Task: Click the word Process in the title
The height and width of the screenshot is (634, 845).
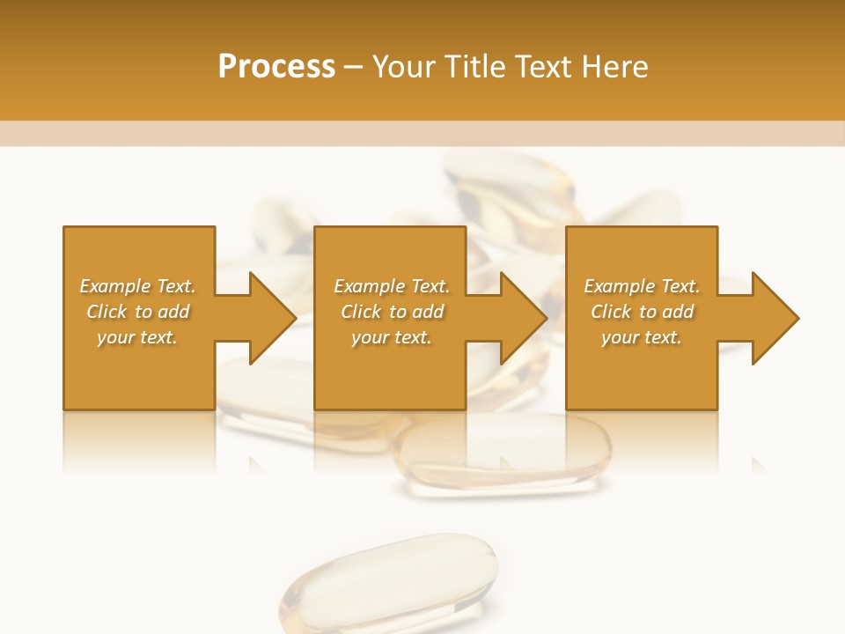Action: pyautogui.click(x=276, y=67)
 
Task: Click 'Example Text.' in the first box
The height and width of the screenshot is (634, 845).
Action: pyautogui.click(x=137, y=286)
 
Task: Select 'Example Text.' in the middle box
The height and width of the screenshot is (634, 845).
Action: pyautogui.click(x=392, y=286)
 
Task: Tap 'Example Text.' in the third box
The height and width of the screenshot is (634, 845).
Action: pyautogui.click(x=642, y=286)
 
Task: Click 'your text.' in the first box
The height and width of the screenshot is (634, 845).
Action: pyautogui.click(x=137, y=337)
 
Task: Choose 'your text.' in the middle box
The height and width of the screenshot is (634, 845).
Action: pyautogui.click(x=392, y=337)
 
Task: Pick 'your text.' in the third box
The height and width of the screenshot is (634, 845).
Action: pyautogui.click(x=642, y=337)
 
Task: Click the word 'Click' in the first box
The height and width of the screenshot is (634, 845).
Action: pyautogui.click(x=107, y=312)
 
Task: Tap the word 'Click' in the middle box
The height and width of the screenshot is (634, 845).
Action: pyautogui.click(x=361, y=312)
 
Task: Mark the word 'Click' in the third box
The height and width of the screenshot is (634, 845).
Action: pyautogui.click(x=611, y=312)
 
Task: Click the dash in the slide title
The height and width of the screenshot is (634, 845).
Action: pyautogui.click(x=354, y=68)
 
